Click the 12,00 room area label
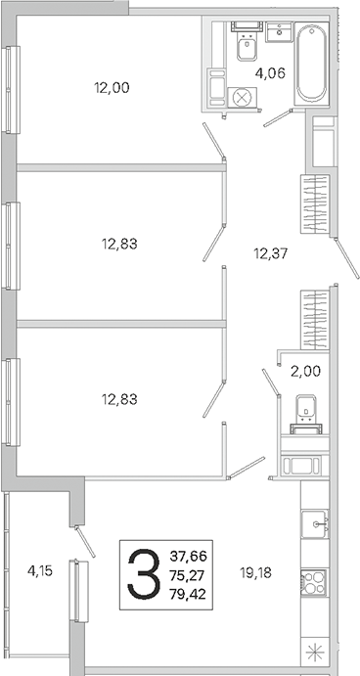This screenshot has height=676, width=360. tap(112, 88)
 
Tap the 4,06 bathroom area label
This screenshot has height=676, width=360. tap(270, 73)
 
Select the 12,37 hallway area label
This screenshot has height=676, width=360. tap(270, 253)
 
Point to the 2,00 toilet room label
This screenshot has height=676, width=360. tap(305, 371)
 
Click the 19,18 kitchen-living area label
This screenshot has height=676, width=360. tap(256, 573)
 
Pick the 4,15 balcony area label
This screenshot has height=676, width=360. tap(40, 571)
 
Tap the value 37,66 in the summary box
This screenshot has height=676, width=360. tap(188, 556)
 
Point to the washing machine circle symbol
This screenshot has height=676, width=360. tap(241, 98)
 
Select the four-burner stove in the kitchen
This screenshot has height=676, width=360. tap(314, 582)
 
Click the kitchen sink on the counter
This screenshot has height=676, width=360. tap(314, 523)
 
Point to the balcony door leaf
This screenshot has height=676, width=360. tap(85, 542)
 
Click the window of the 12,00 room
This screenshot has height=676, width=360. tap(11, 89)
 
